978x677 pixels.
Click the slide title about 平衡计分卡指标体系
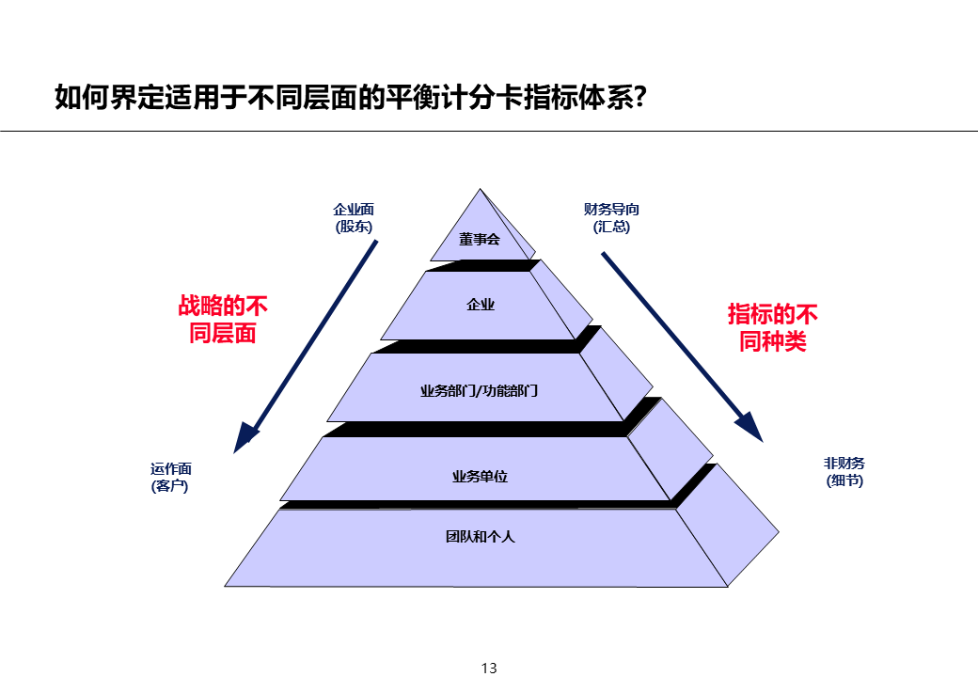tap(349, 98)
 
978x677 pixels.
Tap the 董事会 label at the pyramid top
tap(480, 239)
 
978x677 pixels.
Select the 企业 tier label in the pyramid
tap(481, 304)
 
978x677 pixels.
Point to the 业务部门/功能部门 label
tap(479, 390)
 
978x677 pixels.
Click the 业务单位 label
tap(480, 477)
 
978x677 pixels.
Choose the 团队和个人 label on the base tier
tap(480, 537)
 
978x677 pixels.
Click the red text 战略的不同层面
tap(223, 320)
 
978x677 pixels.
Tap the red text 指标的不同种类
tap(773, 326)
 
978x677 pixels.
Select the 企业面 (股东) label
tap(354, 218)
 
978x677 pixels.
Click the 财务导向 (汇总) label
tap(611, 218)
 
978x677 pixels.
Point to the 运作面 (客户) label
tap(170, 478)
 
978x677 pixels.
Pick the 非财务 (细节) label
tap(844, 472)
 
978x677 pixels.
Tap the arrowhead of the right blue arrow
tap(749, 426)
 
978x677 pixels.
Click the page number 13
tap(489, 669)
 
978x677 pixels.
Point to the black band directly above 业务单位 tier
tap(480, 429)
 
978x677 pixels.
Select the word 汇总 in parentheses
tap(612, 227)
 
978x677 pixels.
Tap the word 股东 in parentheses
tap(354, 227)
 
